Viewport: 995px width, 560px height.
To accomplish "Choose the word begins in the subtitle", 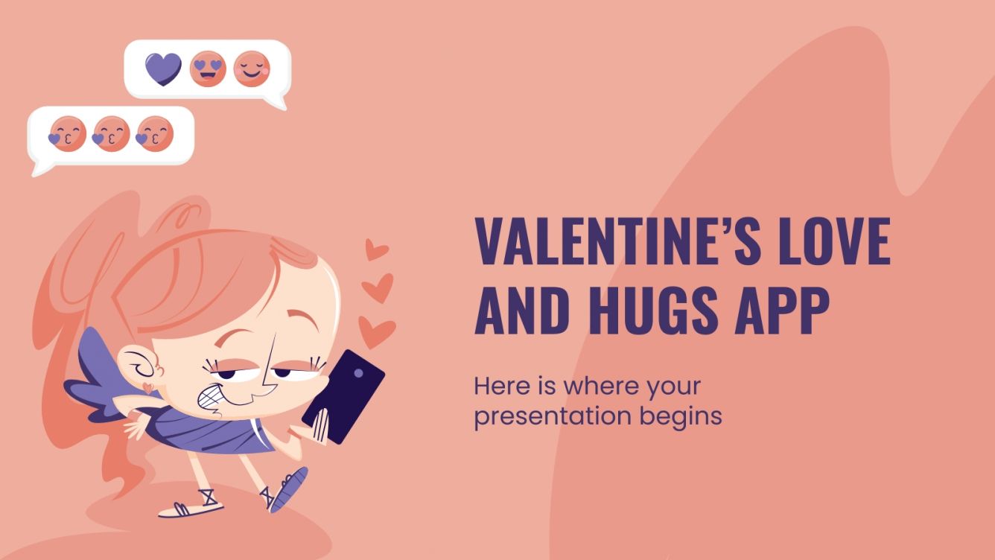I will [x=681, y=416].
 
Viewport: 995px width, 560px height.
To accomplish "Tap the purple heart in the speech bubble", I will [x=163, y=69].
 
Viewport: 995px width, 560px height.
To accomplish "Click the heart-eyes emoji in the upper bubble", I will [x=207, y=69].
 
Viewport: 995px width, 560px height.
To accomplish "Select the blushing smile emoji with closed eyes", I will [x=252, y=69].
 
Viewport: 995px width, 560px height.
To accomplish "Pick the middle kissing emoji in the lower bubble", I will [x=112, y=134].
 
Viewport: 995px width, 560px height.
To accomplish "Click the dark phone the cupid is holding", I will [x=343, y=395].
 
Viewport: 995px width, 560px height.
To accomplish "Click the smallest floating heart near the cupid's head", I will [x=377, y=249].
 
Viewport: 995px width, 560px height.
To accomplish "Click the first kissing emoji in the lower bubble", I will [x=68, y=134].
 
